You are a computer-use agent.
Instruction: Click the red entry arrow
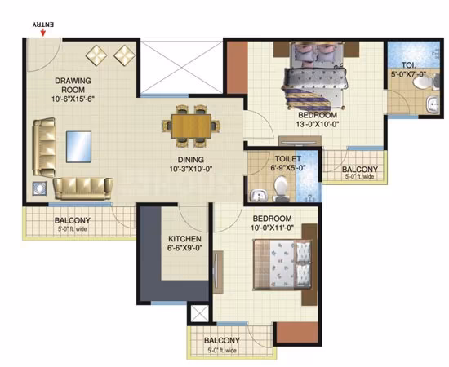coord(43,33)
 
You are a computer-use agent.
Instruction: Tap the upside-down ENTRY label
coord(43,25)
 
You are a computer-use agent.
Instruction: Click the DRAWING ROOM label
coord(73,86)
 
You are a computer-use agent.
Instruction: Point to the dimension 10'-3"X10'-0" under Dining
coord(191,169)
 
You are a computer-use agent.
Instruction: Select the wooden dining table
coord(191,126)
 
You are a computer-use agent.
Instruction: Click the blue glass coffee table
coord(78,147)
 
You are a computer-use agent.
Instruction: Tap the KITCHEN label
coord(184,239)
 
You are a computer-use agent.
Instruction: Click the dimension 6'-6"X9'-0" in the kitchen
coord(185,248)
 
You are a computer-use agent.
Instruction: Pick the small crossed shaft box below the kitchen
coord(200,313)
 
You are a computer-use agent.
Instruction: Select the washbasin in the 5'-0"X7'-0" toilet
coord(433,104)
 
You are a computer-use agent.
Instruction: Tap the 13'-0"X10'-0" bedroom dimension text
coord(318,125)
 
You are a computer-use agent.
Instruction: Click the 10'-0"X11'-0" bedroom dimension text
coord(273,228)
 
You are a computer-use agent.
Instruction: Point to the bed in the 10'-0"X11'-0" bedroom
coord(282,264)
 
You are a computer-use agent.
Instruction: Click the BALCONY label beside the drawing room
coord(73,220)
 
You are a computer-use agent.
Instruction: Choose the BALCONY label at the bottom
coord(222,340)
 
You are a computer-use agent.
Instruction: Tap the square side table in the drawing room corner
coord(39,188)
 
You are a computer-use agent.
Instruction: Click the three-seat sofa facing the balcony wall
coord(82,188)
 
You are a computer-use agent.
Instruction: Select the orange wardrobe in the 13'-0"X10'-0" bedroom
coord(238,68)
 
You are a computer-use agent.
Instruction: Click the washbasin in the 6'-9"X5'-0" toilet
coord(259,196)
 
